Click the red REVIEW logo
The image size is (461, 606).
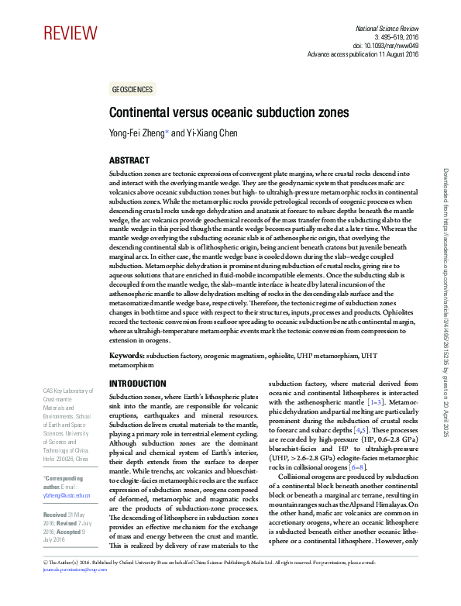click(71, 33)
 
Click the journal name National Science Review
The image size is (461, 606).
click(386, 27)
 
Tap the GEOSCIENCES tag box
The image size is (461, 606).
click(132, 90)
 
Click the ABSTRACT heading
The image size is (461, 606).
click(129, 160)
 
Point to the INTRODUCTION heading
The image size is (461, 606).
click(138, 384)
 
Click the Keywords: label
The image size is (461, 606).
click(127, 356)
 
